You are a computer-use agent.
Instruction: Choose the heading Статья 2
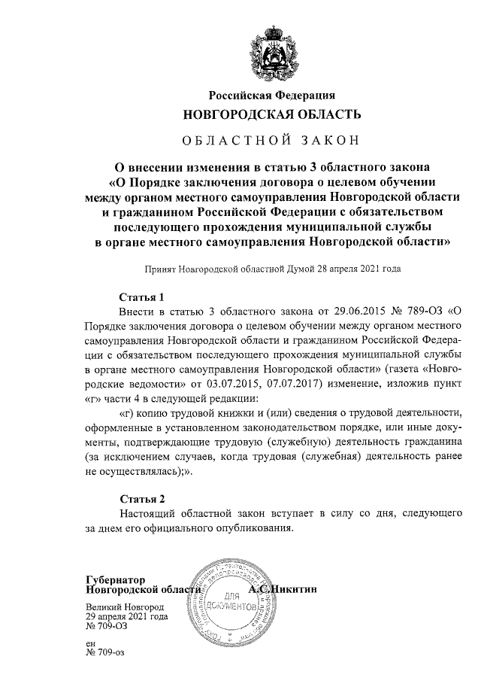(x=142, y=498)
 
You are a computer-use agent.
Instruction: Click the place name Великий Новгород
(x=125, y=607)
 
